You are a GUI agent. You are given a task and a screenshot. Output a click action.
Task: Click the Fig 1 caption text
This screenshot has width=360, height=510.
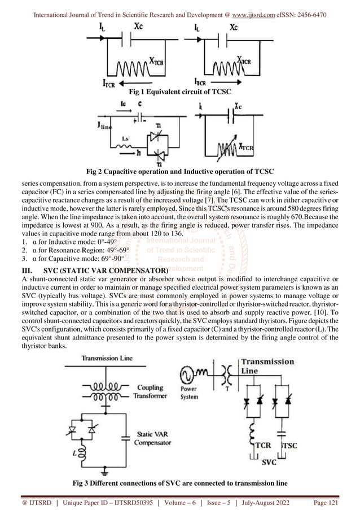[x=180, y=91]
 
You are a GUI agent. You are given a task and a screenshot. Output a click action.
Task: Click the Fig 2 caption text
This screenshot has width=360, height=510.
[x=179, y=171]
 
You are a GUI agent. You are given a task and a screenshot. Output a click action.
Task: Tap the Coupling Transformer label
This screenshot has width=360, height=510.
[x=150, y=391]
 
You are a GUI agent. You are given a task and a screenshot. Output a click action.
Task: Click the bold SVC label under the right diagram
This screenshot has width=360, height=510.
[x=269, y=461]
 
